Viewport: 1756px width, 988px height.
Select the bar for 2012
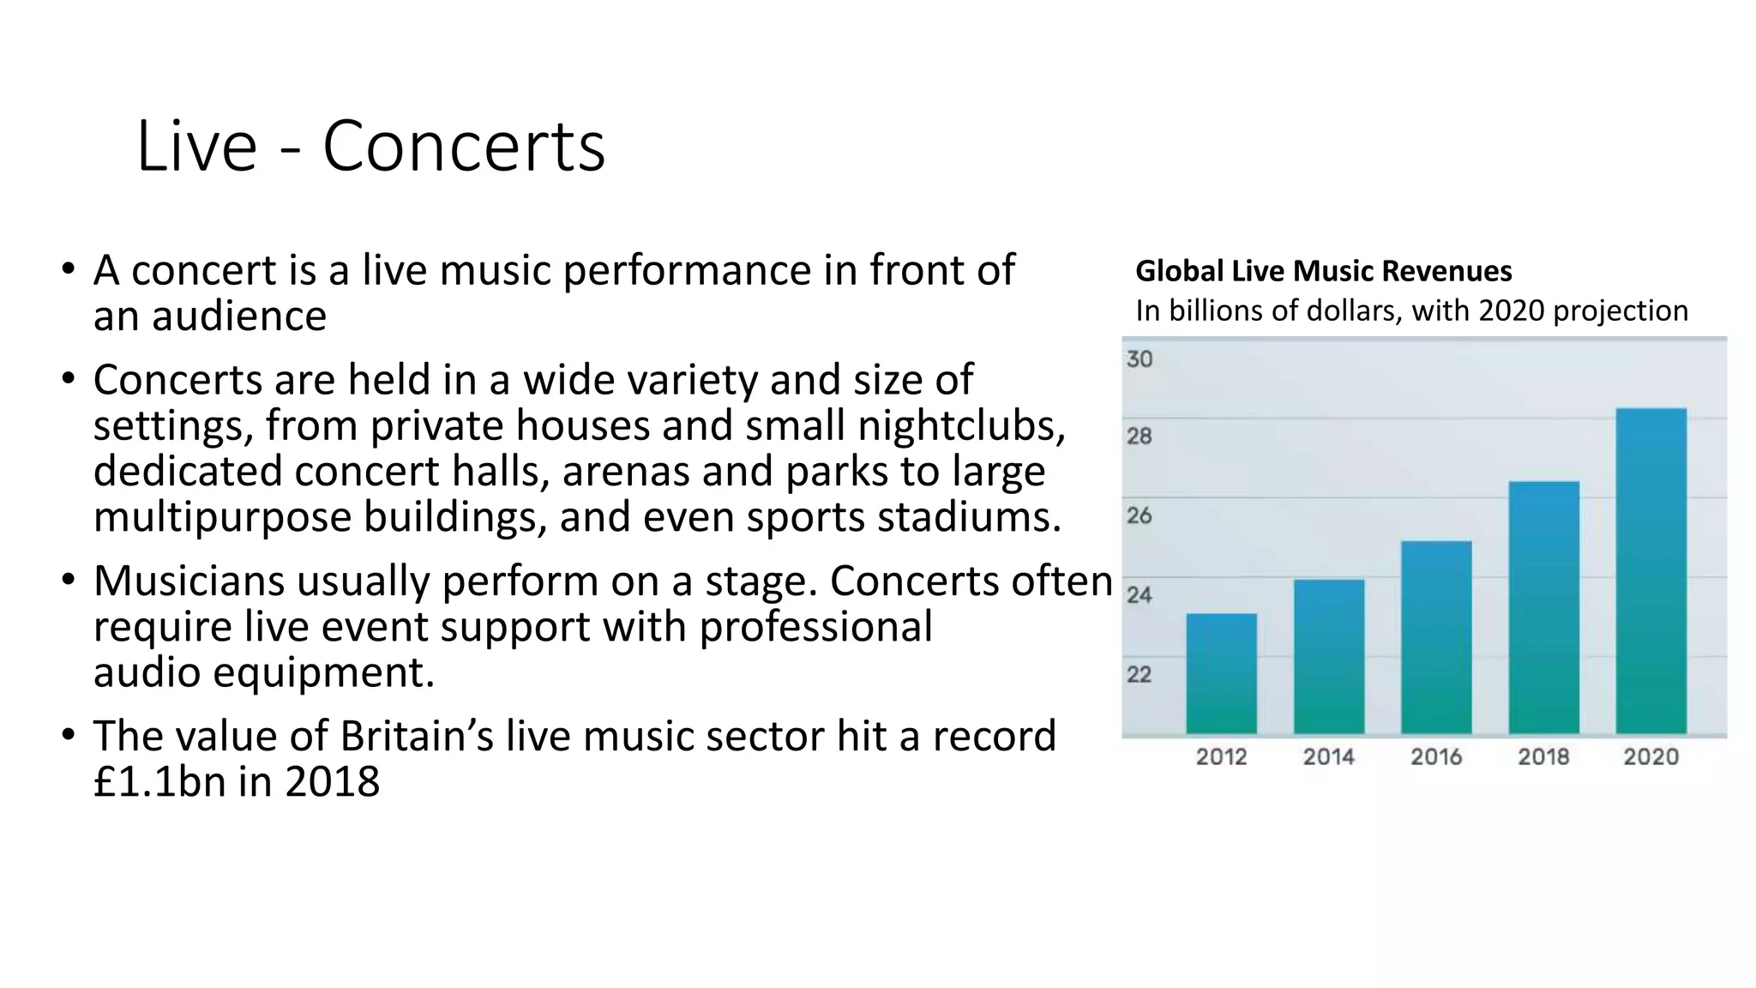pos(1221,673)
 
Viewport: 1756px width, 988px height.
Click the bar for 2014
pos(1328,656)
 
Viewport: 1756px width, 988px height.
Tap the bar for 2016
pos(1436,636)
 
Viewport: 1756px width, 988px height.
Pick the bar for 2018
pos(1543,607)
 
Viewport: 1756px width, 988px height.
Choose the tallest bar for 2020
pos(1651,570)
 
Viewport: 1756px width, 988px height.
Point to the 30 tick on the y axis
pos(1140,359)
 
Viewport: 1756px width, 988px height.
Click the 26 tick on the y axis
pos(1140,516)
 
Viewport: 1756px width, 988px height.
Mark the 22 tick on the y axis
pos(1140,675)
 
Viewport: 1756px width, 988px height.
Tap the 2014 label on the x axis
pos(1328,756)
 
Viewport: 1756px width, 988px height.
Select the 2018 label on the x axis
pos(1543,756)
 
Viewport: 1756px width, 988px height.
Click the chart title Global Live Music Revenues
pos(1323,271)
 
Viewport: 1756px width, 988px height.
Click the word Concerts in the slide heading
pos(463,147)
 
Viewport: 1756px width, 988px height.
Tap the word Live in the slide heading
pos(196,147)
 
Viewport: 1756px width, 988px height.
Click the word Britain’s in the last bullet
pos(416,736)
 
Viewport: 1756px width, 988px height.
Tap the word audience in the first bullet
pos(239,316)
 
